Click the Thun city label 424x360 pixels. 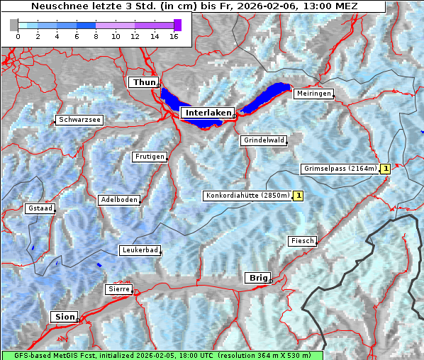(144, 83)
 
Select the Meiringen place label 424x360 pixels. (313, 94)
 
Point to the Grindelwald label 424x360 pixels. (264, 140)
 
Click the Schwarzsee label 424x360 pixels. (79, 120)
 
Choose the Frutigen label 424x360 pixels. (149, 157)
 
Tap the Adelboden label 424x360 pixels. (118, 200)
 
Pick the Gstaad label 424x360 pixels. (40, 209)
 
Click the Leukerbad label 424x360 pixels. (140, 250)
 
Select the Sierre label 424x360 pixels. (118, 289)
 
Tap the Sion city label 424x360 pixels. (65, 317)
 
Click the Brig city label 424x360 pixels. (257, 278)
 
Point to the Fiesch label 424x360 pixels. (302, 241)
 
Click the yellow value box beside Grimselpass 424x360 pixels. (385, 169)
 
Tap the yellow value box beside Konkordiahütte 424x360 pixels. (299, 196)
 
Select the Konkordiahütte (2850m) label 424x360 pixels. (247, 196)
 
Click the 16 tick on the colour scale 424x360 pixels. (174, 36)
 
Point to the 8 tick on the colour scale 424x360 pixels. (96, 36)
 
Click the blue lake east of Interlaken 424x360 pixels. (268, 96)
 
